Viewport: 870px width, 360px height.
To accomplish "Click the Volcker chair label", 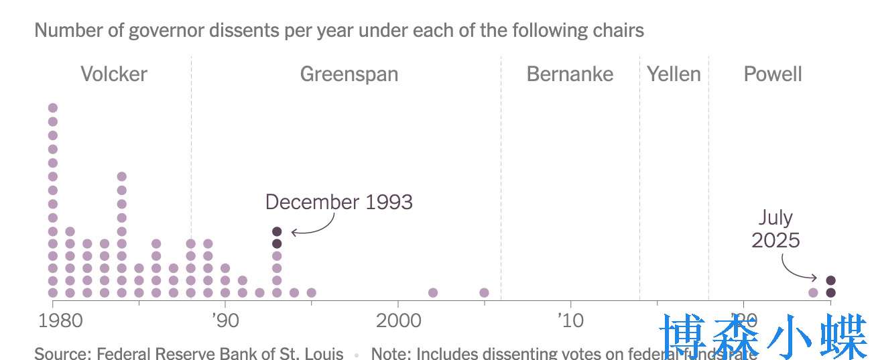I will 114,74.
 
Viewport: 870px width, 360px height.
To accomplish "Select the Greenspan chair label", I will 349,74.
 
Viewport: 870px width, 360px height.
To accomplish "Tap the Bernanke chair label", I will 570,74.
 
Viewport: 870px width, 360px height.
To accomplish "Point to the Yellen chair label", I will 674,74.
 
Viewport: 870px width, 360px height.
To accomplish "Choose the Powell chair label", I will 773,74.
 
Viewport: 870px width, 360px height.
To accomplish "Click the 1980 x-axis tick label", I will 53,320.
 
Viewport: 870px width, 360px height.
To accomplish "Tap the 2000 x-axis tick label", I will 398,320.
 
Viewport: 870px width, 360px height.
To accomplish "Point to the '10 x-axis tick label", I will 570,320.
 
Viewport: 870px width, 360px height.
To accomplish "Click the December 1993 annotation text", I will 338,202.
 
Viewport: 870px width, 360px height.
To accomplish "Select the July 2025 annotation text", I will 775,229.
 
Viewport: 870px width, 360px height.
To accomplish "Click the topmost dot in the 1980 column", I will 53,108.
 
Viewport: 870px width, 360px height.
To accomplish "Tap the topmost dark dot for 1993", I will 277,231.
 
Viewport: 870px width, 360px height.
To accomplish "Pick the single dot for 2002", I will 433,292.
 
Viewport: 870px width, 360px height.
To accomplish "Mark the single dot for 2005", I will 484,292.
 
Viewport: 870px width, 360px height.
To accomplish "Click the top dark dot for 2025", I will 830,280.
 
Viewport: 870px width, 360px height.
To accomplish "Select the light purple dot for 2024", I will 813,292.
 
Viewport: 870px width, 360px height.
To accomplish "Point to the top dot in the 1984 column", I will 122,176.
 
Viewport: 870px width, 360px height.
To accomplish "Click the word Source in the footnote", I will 56,353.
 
